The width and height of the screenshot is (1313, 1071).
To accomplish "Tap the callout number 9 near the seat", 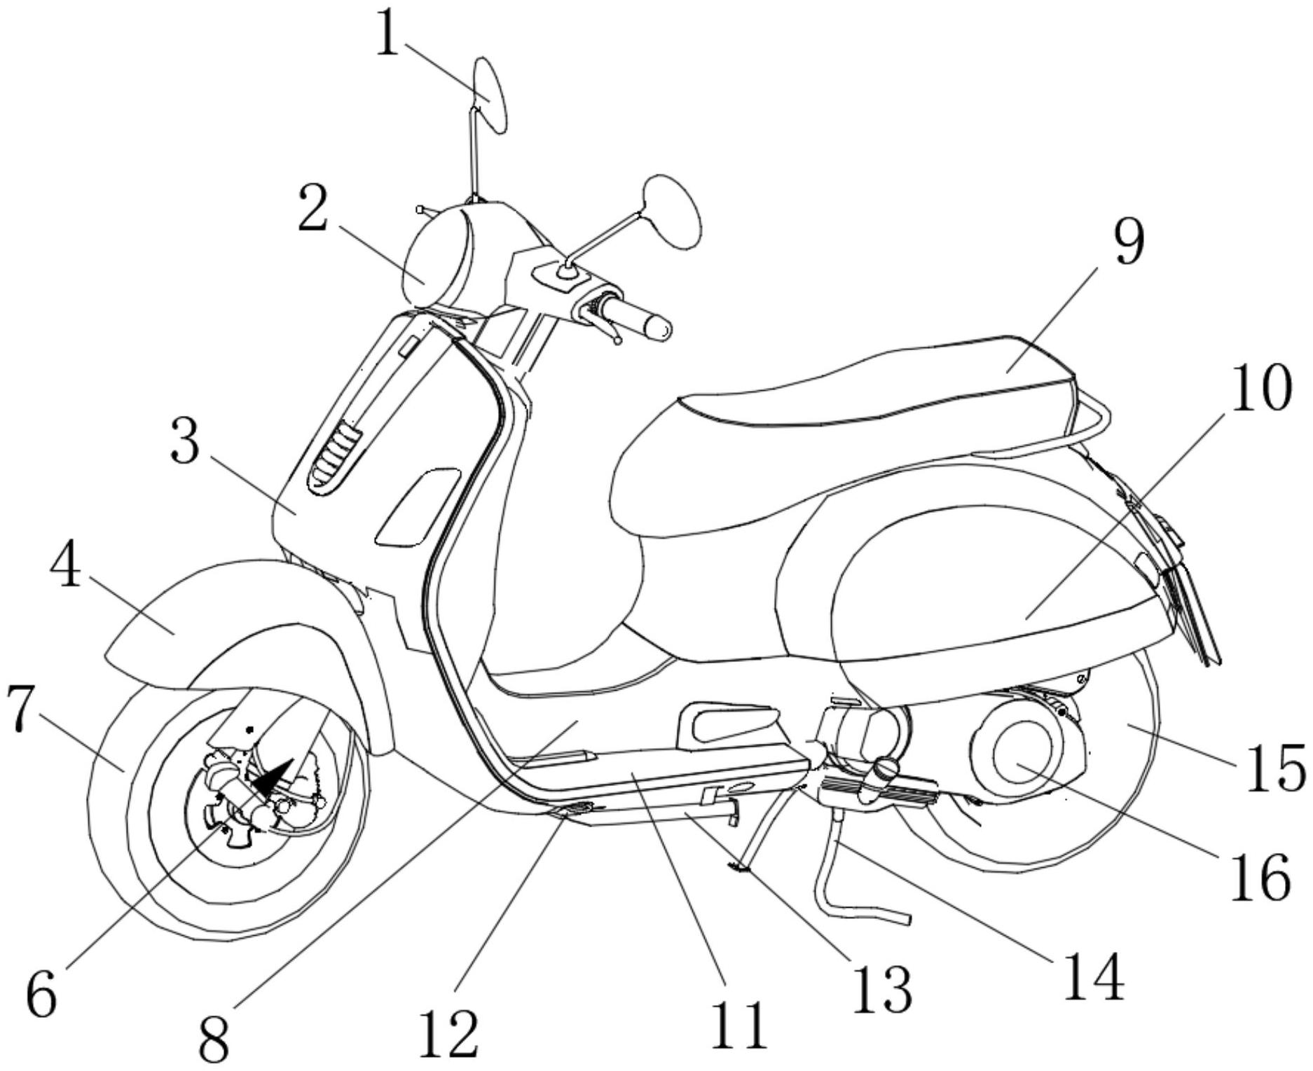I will click(x=1127, y=241).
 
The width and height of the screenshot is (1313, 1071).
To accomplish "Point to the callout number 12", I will click(x=448, y=1029).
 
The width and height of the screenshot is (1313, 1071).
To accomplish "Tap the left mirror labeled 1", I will click(x=490, y=96).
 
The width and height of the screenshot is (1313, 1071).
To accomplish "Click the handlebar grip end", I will click(x=659, y=328).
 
